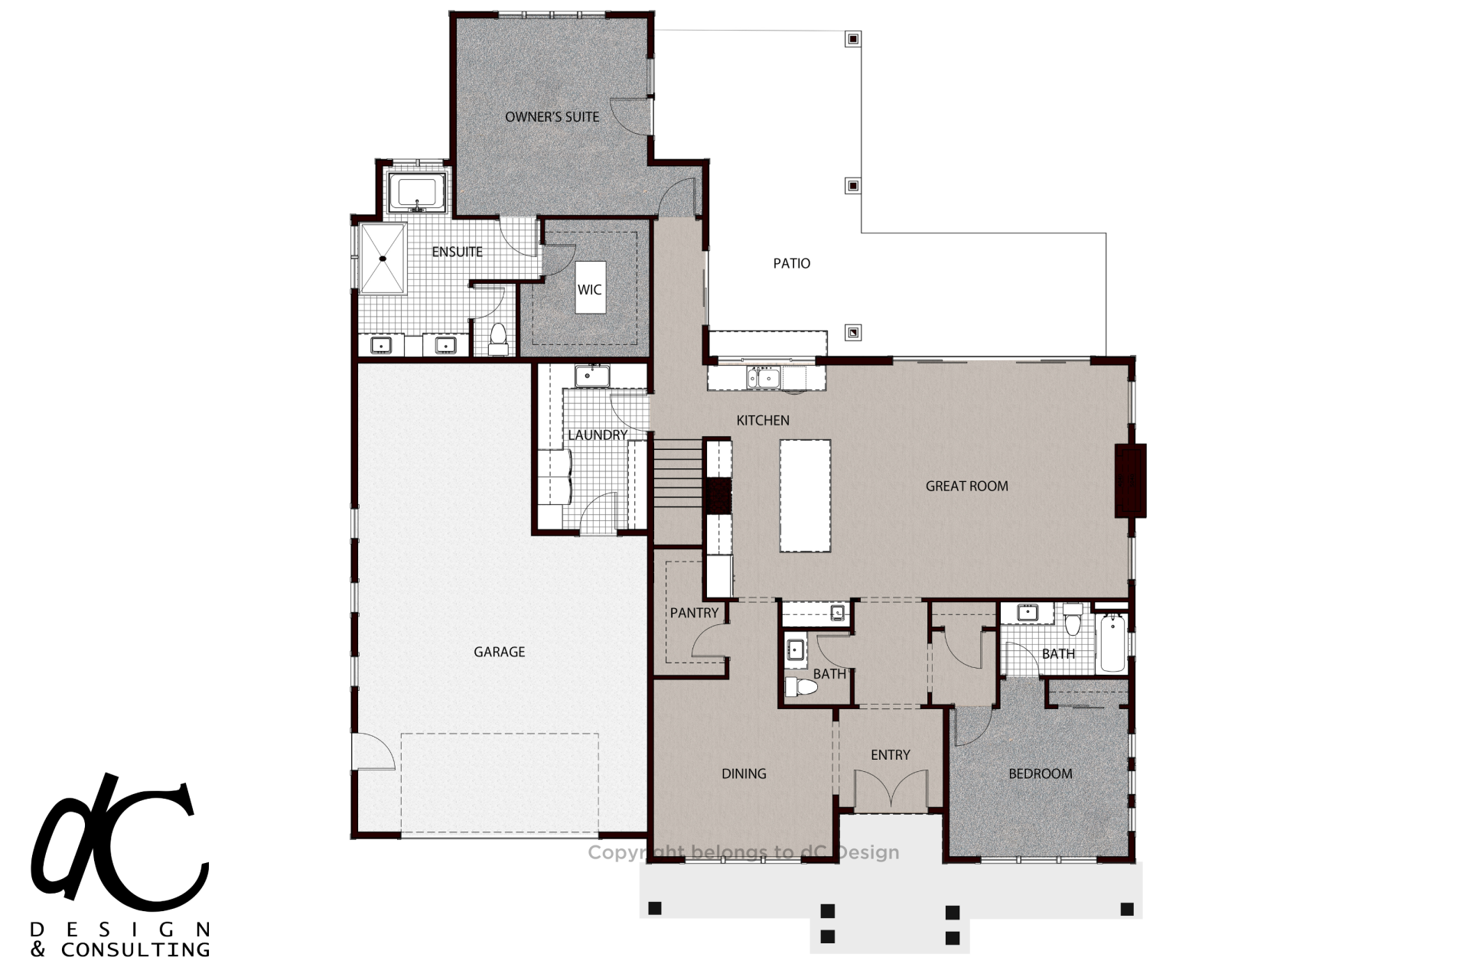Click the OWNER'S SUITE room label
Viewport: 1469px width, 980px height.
click(552, 117)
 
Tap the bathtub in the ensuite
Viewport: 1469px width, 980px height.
click(417, 194)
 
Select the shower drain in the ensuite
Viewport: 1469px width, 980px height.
click(383, 259)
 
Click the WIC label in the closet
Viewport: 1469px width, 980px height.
click(589, 289)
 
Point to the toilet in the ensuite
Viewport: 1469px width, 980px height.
click(498, 339)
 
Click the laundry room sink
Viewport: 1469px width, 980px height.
click(592, 376)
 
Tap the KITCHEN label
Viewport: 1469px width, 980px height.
click(763, 420)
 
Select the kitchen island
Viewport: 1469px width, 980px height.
click(805, 495)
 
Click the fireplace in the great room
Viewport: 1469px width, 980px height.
click(1130, 480)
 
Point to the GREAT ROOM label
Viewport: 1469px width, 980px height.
click(966, 486)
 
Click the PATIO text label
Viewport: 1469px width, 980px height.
click(791, 263)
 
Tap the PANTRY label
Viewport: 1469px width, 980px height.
click(694, 613)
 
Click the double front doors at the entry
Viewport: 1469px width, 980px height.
click(891, 789)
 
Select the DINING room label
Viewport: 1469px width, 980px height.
click(744, 773)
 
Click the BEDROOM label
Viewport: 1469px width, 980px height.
click(1040, 773)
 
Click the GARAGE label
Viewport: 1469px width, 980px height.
click(499, 652)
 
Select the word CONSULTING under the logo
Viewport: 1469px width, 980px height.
click(135, 950)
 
